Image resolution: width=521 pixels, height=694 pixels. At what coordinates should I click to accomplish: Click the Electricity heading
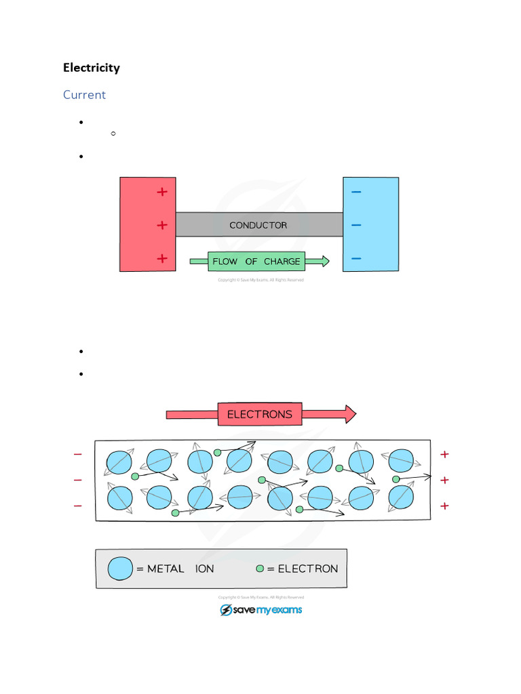(92, 68)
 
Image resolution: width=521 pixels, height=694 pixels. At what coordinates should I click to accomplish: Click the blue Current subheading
(84, 95)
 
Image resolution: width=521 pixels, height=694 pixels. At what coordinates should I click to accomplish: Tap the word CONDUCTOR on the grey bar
(258, 225)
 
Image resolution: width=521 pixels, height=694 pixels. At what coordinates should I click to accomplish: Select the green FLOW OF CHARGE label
(256, 261)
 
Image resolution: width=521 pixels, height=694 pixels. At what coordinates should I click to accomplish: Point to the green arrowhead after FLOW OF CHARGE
(325, 261)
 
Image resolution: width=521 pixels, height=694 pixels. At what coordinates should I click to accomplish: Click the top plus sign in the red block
(161, 192)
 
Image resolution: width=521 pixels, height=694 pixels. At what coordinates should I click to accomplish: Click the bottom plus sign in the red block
(161, 258)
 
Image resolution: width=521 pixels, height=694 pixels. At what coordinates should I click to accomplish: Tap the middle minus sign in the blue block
(356, 225)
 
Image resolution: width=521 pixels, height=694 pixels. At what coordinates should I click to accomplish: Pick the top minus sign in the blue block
(356, 192)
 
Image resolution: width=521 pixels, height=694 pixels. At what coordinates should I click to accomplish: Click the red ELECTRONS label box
(260, 414)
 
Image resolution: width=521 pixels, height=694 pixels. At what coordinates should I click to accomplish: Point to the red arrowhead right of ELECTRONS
(349, 414)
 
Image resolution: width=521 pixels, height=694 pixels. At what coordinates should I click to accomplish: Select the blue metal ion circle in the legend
(121, 569)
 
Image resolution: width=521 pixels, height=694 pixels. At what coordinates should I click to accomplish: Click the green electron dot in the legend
(260, 569)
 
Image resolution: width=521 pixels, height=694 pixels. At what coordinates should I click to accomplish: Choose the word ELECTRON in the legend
(307, 569)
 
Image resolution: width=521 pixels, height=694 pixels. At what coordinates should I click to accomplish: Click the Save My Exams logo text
(268, 610)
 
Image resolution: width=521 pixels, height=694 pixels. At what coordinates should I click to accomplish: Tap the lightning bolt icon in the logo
(226, 610)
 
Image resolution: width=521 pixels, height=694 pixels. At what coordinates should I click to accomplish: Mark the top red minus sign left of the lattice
(77, 454)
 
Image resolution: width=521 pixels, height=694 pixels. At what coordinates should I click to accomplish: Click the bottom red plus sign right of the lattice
(445, 506)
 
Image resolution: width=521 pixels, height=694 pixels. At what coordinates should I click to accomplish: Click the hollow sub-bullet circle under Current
(113, 134)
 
